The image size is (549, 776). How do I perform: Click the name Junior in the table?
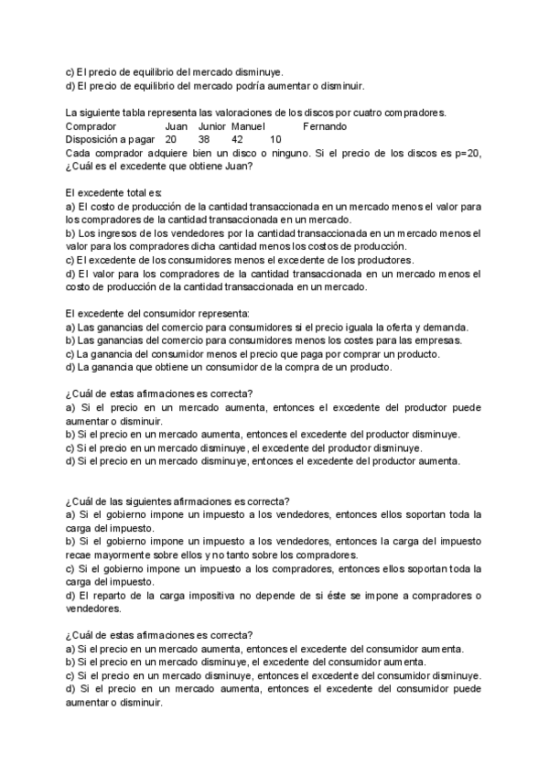coord(211,126)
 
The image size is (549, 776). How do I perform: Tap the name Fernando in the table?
coord(325,126)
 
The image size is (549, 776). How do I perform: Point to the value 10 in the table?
coord(276,139)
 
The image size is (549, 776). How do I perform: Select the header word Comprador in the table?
coord(91,126)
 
